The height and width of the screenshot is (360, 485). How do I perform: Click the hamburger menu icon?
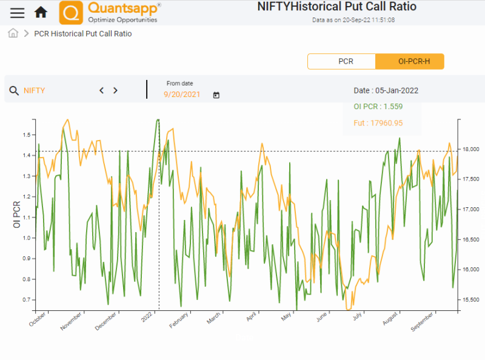18,13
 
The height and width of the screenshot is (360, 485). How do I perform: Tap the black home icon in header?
41,12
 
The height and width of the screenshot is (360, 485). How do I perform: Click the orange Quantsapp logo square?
72,13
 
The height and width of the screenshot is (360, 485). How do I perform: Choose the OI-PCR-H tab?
410,61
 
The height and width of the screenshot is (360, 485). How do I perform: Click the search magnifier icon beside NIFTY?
14,91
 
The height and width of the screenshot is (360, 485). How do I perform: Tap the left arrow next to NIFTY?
101,90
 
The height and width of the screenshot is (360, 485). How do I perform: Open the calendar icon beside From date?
216,95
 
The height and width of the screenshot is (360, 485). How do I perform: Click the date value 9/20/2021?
182,95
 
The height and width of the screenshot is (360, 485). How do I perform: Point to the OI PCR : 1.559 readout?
378,107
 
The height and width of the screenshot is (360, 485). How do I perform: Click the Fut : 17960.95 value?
378,123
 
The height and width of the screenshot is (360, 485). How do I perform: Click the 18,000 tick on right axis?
470,149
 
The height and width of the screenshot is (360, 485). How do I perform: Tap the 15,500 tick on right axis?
470,300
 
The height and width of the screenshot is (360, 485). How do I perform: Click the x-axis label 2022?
147,317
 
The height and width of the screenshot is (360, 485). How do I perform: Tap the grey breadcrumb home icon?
13,33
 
